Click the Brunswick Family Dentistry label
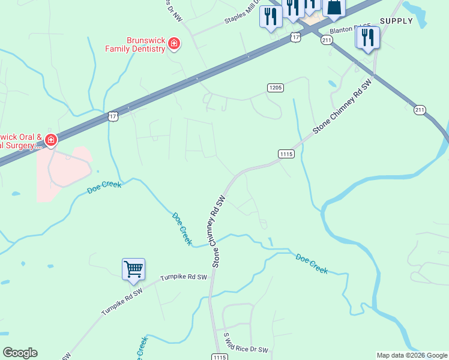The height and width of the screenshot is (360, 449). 135,44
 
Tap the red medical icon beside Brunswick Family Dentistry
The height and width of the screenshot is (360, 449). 174,44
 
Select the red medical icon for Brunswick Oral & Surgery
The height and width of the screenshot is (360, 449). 51,141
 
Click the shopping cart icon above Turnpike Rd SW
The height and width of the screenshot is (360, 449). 133,269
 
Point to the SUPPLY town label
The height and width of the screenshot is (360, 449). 397,21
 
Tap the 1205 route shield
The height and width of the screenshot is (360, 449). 275,88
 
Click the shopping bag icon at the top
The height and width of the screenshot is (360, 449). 334,7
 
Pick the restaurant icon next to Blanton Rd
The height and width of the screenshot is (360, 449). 367,38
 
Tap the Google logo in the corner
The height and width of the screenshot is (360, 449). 20,353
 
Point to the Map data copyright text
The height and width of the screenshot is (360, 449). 412,355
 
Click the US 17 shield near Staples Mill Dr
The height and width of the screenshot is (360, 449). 295,37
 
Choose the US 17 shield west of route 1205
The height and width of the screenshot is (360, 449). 113,115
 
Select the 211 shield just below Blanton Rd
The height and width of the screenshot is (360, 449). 326,40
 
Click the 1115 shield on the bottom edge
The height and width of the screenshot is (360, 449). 218,357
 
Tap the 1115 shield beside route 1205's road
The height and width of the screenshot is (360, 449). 286,154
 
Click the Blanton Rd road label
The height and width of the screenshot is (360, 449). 345,30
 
